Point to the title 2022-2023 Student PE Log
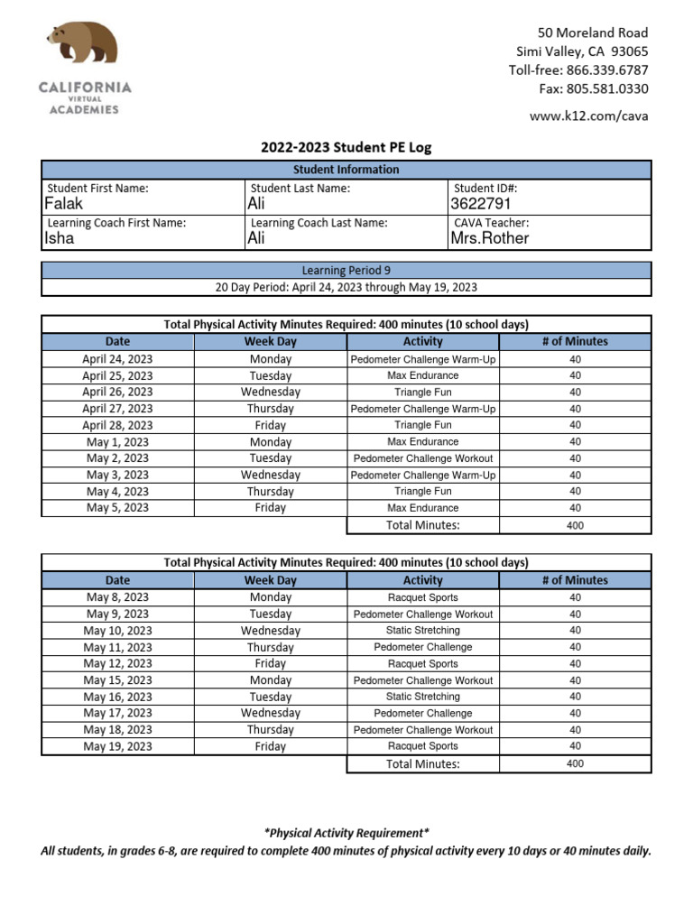[x=346, y=147]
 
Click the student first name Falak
[x=63, y=204]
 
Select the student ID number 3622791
[x=481, y=204]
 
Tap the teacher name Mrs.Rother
[x=490, y=238]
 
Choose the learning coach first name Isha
[x=60, y=238]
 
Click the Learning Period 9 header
[x=346, y=270]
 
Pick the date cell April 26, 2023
[x=117, y=393]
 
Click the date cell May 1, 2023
[x=117, y=442]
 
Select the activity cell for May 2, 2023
[x=423, y=458]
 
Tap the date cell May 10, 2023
[x=117, y=631]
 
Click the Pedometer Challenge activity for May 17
[x=423, y=713]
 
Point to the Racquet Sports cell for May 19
[x=423, y=746]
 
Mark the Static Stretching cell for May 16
[x=423, y=697]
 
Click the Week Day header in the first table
[x=270, y=342]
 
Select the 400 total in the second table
[x=575, y=763]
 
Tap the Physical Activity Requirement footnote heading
[x=346, y=833]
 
